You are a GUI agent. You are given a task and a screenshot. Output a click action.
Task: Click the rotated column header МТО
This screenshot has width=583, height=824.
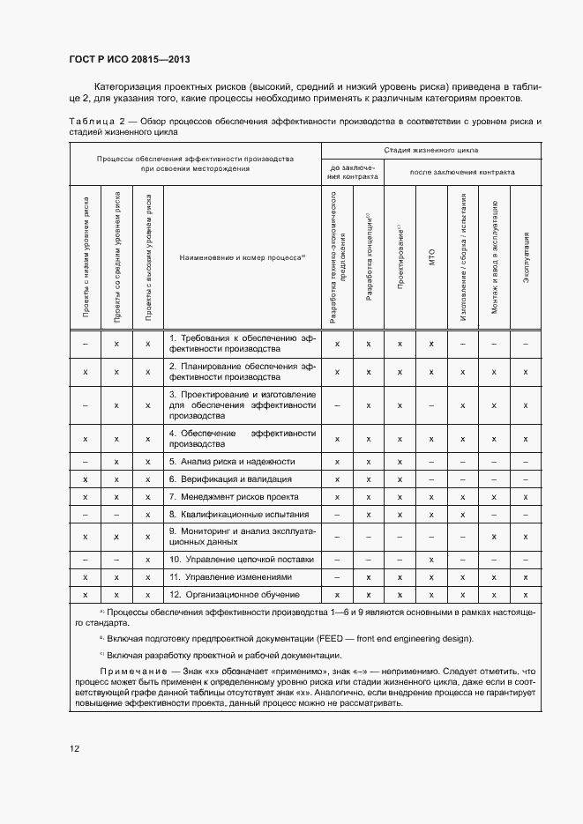(431, 256)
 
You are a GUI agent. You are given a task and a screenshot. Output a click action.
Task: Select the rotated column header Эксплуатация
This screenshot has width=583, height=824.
(526, 256)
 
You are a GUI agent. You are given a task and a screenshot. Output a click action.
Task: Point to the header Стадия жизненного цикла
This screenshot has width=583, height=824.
(431, 151)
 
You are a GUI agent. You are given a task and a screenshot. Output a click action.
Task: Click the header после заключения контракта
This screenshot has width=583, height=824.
(462, 172)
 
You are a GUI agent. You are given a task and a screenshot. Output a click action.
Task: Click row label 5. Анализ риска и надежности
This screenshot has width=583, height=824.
(231, 462)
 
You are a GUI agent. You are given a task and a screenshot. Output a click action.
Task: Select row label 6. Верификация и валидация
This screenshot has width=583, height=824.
(229, 479)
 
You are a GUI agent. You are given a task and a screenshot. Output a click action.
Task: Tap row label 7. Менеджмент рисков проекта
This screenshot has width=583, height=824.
(235, 497)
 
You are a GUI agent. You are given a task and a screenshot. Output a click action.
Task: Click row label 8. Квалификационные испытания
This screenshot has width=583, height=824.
(239, 514)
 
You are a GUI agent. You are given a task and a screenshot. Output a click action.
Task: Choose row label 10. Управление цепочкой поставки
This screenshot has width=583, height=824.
(241, 560)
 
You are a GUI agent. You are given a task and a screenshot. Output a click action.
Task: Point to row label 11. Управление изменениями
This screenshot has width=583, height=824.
(228, 577)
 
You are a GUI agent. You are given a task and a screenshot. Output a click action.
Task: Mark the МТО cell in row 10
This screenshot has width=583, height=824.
(431, 560)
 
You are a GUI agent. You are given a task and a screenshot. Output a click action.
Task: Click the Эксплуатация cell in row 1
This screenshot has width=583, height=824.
(526, 345)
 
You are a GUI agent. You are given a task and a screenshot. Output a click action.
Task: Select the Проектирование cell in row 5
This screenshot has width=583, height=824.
(400, 462)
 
